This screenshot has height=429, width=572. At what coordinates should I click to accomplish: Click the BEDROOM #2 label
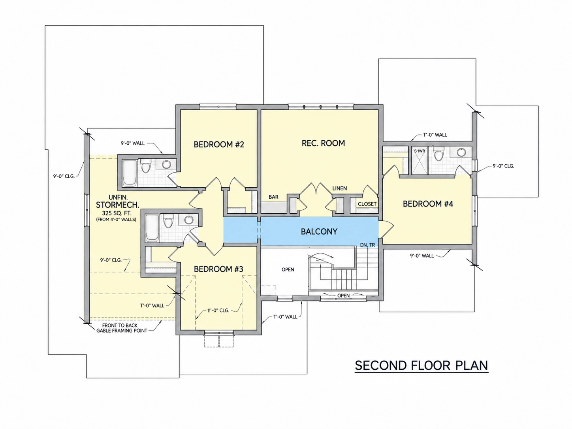pos(219,145)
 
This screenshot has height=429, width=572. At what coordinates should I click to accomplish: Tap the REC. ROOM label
pos(323,143)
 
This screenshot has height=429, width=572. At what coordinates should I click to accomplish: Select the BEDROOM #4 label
pos(428,204)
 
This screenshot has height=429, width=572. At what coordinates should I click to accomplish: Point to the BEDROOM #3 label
pos(218,269)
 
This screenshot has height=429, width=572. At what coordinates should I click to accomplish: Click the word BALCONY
pos(319,231)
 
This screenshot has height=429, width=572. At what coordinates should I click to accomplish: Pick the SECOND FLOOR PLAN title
pos(421,365)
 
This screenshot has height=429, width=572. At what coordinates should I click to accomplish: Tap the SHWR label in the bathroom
pos(419,151)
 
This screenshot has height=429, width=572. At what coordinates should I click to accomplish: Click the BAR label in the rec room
pos(273,197)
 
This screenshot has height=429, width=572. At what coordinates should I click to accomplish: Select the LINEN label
pos(340,188)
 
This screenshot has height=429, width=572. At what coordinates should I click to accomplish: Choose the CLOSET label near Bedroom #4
pos(367,204)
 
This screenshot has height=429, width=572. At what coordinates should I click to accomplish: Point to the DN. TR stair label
pos(367,245)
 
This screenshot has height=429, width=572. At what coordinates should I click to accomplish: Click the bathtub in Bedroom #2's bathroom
pos(130,173)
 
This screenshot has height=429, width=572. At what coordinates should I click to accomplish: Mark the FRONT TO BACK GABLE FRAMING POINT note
pos(122,328)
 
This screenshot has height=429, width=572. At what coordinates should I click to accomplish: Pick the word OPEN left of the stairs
pos(288,269)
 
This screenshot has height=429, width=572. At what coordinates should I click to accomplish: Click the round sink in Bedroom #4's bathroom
pos(461,152)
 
